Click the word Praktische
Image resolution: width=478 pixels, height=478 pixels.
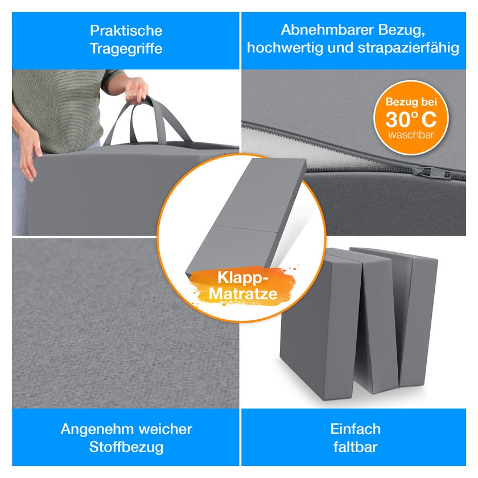[x=126, y=31]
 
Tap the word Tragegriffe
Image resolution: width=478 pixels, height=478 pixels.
[x=126, y=49]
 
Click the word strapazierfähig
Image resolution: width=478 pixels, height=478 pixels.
[x=409, y=48]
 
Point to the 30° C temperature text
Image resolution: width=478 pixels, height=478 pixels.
[x=411, y=119]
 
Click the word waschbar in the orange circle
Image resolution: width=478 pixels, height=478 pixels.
[x=411, y=135]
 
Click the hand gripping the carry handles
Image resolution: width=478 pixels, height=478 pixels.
[x=136, y=90]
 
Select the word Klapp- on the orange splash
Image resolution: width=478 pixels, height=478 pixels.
[x=242, y=278]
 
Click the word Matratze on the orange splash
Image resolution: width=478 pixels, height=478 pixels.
[x=243, y=294]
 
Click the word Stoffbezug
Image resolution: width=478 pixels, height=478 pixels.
[x=126, y=447]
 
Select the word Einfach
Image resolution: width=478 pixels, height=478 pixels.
[x=356, y=429]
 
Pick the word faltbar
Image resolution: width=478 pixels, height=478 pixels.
[x=356, y=447]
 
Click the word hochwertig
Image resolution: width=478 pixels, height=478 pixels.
[x=285, y=48]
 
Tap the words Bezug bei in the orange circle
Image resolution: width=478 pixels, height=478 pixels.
[x=411, y=102]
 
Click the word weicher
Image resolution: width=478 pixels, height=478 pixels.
[x=165, y=429]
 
